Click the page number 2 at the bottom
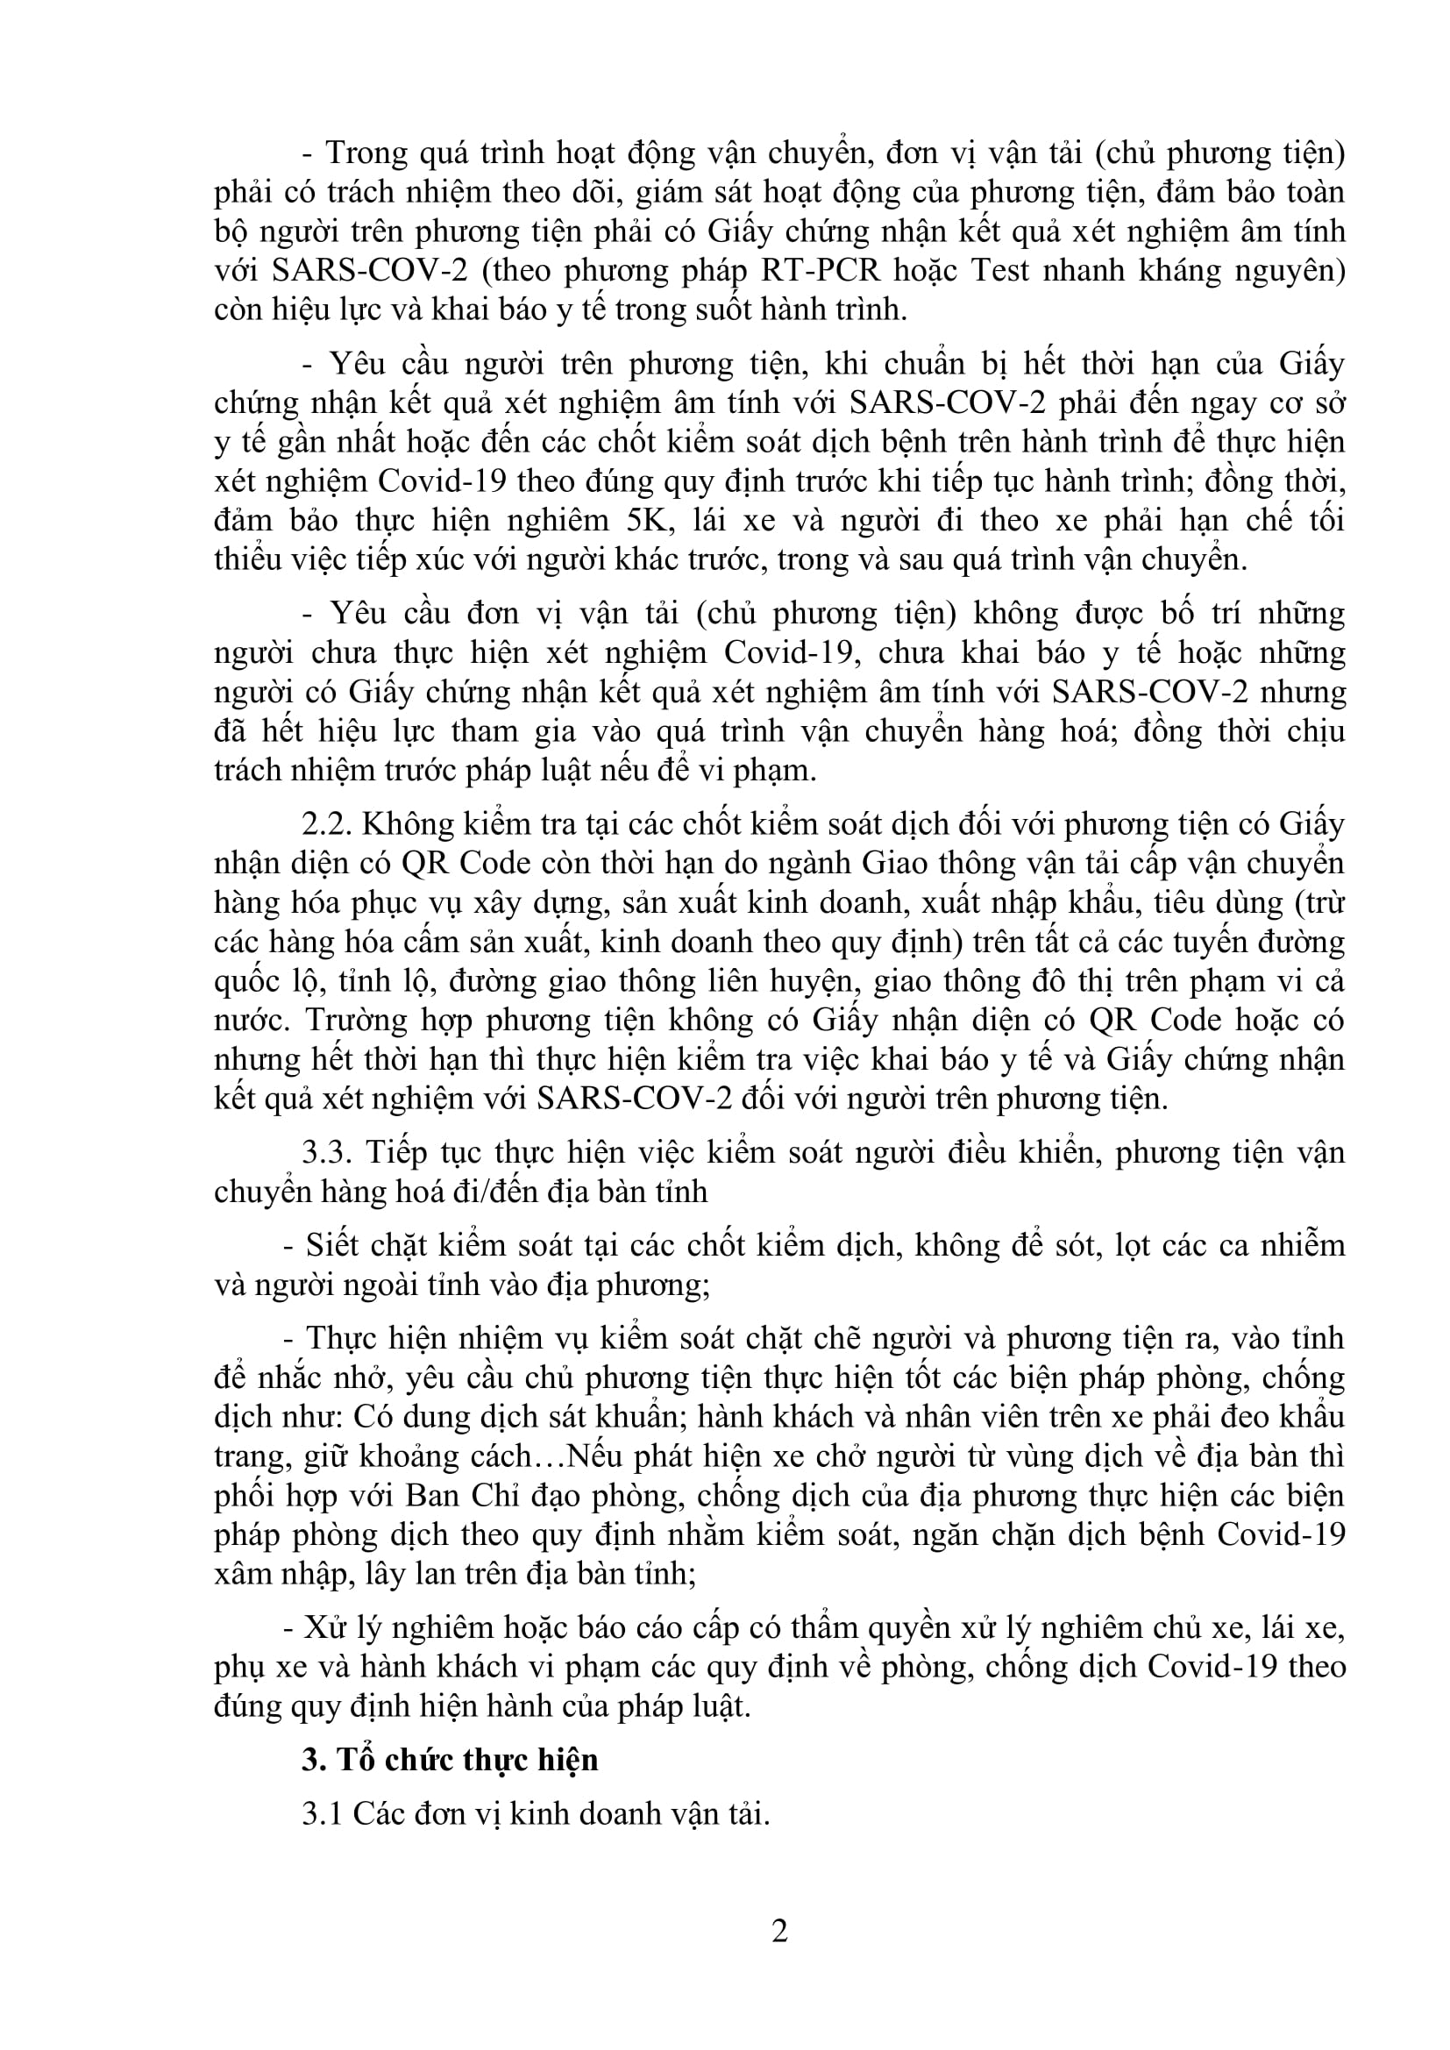tap(779, 1932)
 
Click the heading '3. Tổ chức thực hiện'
tap(450, 1759)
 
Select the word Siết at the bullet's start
tap(329, 1246)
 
